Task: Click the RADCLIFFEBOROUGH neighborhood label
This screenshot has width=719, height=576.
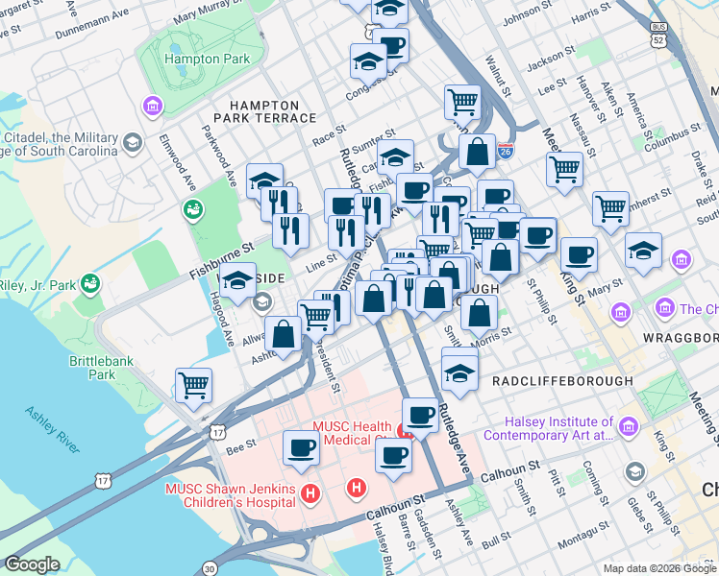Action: (562, 381)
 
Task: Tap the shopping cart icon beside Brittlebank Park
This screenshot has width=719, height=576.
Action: (194, 385)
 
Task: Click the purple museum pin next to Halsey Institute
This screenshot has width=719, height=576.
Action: (629, 424)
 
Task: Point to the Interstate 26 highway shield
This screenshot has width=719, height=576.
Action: (506, 152)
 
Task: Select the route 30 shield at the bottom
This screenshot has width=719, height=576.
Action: (210, 568)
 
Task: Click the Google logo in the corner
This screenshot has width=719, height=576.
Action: (32, 564)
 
